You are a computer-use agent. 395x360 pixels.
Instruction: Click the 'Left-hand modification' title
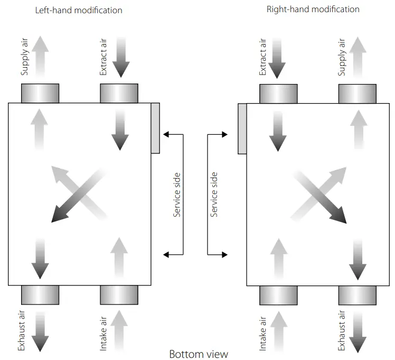coord(79,11)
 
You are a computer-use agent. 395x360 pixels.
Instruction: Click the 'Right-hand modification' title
coord(313,10)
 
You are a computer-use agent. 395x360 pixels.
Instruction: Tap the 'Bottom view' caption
coord(199,354)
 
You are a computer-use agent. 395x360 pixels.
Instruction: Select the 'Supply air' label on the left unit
coord(24,57)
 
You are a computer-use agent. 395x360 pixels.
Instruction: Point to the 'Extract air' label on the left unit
coord(104,57)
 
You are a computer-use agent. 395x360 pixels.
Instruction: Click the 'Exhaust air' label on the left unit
coord(22,330)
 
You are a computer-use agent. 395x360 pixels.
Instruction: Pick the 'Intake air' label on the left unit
coord(104,334)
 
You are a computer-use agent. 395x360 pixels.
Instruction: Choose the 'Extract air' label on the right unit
coord(262,57)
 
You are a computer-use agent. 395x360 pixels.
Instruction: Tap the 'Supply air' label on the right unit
coord(341,57)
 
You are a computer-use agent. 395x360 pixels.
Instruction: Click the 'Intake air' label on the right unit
coord(262,334)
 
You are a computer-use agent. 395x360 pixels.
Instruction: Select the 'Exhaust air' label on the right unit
coord(341,330)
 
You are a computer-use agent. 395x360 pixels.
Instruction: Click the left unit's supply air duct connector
coord(40,93)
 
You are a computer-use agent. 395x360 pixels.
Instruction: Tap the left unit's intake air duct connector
coord(119,295)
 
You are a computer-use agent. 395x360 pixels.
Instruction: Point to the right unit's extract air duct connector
coord(278,94)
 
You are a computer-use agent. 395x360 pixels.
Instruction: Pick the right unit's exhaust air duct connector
coord(358,296)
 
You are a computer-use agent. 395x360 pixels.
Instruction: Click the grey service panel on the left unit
coord(155,128)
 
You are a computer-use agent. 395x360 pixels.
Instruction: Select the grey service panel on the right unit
coord(242,129)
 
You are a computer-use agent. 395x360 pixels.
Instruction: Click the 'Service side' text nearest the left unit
coord(177,195)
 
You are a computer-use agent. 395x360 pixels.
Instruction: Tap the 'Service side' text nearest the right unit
coord(214,195)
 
